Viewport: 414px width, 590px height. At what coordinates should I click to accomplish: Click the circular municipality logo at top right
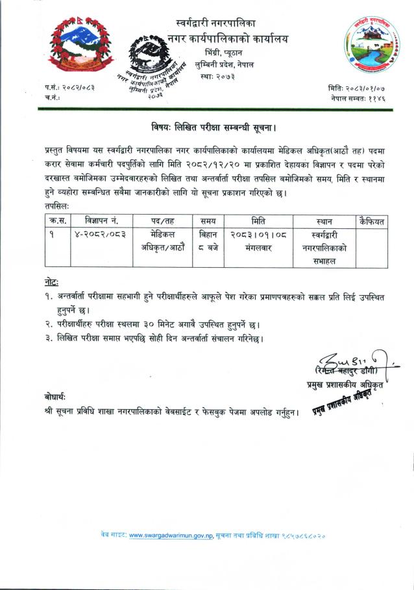click(369, 45)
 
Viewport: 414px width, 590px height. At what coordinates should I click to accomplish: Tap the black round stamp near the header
click(156, 65)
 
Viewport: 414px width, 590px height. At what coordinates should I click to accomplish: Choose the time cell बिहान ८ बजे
click(209, 241)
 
